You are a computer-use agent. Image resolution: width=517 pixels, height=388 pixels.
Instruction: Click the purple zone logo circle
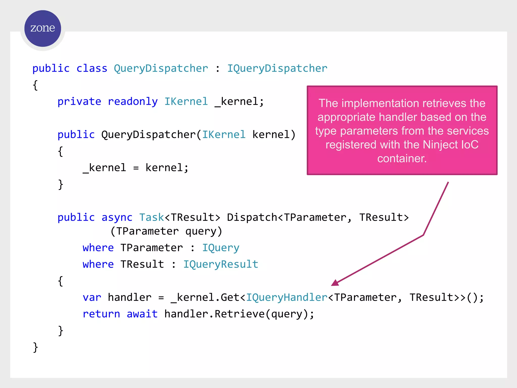(x=43, y=28)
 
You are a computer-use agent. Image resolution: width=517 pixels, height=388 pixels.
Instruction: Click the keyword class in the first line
(x=92, y=68)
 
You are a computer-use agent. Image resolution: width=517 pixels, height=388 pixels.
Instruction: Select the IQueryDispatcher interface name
(x=277, y=68)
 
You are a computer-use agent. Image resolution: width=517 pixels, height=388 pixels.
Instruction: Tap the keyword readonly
(x=133, y=102)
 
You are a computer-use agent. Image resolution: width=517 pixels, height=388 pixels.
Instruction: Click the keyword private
(x=79, y=102)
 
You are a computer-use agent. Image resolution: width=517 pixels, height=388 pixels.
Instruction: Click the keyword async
(x=117, y=217)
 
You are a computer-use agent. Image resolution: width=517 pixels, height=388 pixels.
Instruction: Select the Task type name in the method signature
(x=152, y=217)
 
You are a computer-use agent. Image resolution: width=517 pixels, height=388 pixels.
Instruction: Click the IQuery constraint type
(x=221, y=248)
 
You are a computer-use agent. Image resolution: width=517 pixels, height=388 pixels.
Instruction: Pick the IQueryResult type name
(x=221, y=264)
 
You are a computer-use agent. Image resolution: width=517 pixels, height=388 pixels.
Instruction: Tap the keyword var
(x=92, y=298)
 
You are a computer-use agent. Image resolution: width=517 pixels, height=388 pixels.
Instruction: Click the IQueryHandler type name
(x=287, y=298)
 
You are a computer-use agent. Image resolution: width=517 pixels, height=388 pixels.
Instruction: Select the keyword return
(x=101, y=314)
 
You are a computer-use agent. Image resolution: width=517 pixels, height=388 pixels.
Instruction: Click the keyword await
(x=142, y=314)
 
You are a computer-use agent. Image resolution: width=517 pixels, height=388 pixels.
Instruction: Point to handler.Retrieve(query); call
(x=239, y=314)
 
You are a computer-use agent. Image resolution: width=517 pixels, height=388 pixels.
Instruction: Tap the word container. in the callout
(x=402, y=159)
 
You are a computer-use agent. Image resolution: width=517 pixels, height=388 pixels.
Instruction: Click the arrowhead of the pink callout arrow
(x=335, y=283)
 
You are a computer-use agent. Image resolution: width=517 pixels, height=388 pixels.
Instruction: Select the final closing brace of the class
(x=35, y=347)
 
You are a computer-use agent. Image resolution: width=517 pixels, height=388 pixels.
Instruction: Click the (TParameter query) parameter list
(x=166, y=231)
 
